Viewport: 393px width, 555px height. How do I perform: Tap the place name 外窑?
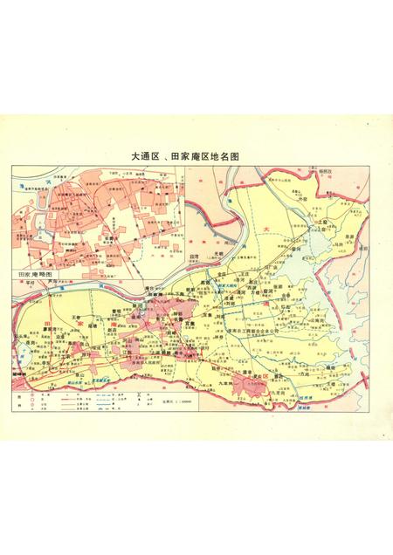pyautogui.click(x=303, y=199)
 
